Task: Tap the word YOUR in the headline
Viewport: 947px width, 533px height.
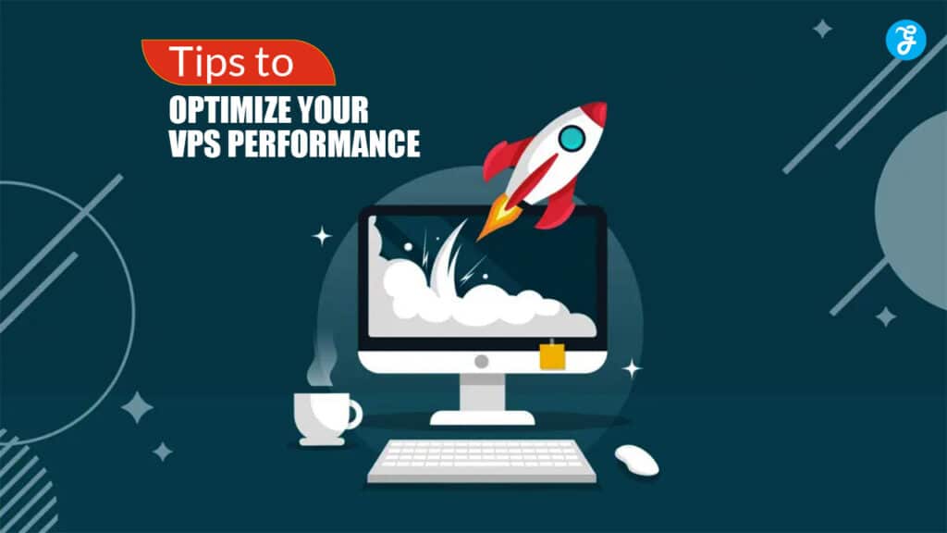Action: (x=325, y=110)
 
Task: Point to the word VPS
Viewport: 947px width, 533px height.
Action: (x=194, y=143)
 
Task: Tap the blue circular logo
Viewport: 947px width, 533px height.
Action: (x=905, y=40)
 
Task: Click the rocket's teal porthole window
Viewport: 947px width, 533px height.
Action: (x=572, y=139)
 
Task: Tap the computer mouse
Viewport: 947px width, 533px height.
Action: (x=636, y=461)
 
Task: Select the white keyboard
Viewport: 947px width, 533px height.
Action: (x=481, y=461)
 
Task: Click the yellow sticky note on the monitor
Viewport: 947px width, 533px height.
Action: (x=552, y=355)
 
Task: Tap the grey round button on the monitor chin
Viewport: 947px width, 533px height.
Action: (x=481, y=362)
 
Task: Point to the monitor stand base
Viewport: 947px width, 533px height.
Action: (x=482, y=417)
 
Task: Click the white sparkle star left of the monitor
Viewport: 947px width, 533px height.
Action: (x=322, y=236)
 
